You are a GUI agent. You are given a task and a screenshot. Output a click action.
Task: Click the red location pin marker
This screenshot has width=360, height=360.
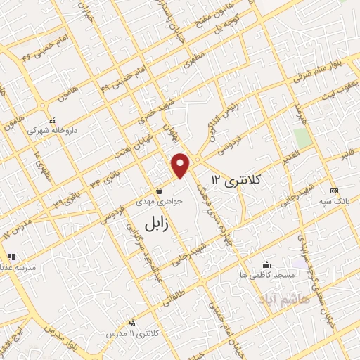[x=181, y=165]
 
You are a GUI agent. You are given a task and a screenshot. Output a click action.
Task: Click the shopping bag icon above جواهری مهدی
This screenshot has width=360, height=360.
[x=160, y=190]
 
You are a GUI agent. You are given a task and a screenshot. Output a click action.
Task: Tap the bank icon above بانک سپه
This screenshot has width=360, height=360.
[x=334, y=191]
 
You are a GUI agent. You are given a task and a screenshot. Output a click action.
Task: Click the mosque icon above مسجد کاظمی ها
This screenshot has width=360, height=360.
[x=266, y=265]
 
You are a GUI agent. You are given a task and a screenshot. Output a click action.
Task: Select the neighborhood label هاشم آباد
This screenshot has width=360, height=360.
[x=264, y=300]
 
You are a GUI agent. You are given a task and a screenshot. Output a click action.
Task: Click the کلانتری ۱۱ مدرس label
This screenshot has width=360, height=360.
[x=127, y=331]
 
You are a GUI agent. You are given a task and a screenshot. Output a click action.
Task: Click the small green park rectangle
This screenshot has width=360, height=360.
[x=302, y=136]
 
